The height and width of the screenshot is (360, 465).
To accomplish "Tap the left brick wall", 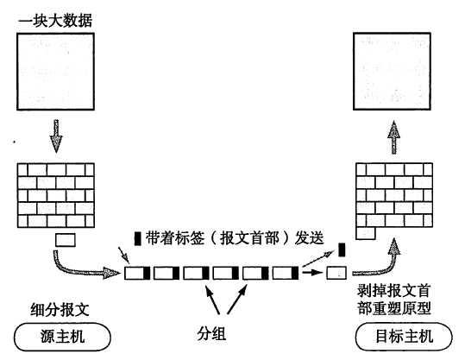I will click(x=53, y=193).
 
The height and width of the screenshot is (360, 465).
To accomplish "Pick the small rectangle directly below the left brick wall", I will click(x=65, y=239).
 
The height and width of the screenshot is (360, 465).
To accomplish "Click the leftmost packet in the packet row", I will click(x=136, y=275).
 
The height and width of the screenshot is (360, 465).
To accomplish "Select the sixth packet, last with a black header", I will click(x=285, y=275).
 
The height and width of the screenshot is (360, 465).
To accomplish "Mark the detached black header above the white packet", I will click(x=342, y=249).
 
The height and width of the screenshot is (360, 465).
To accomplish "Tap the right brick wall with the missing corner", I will click(x=393, y=197).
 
